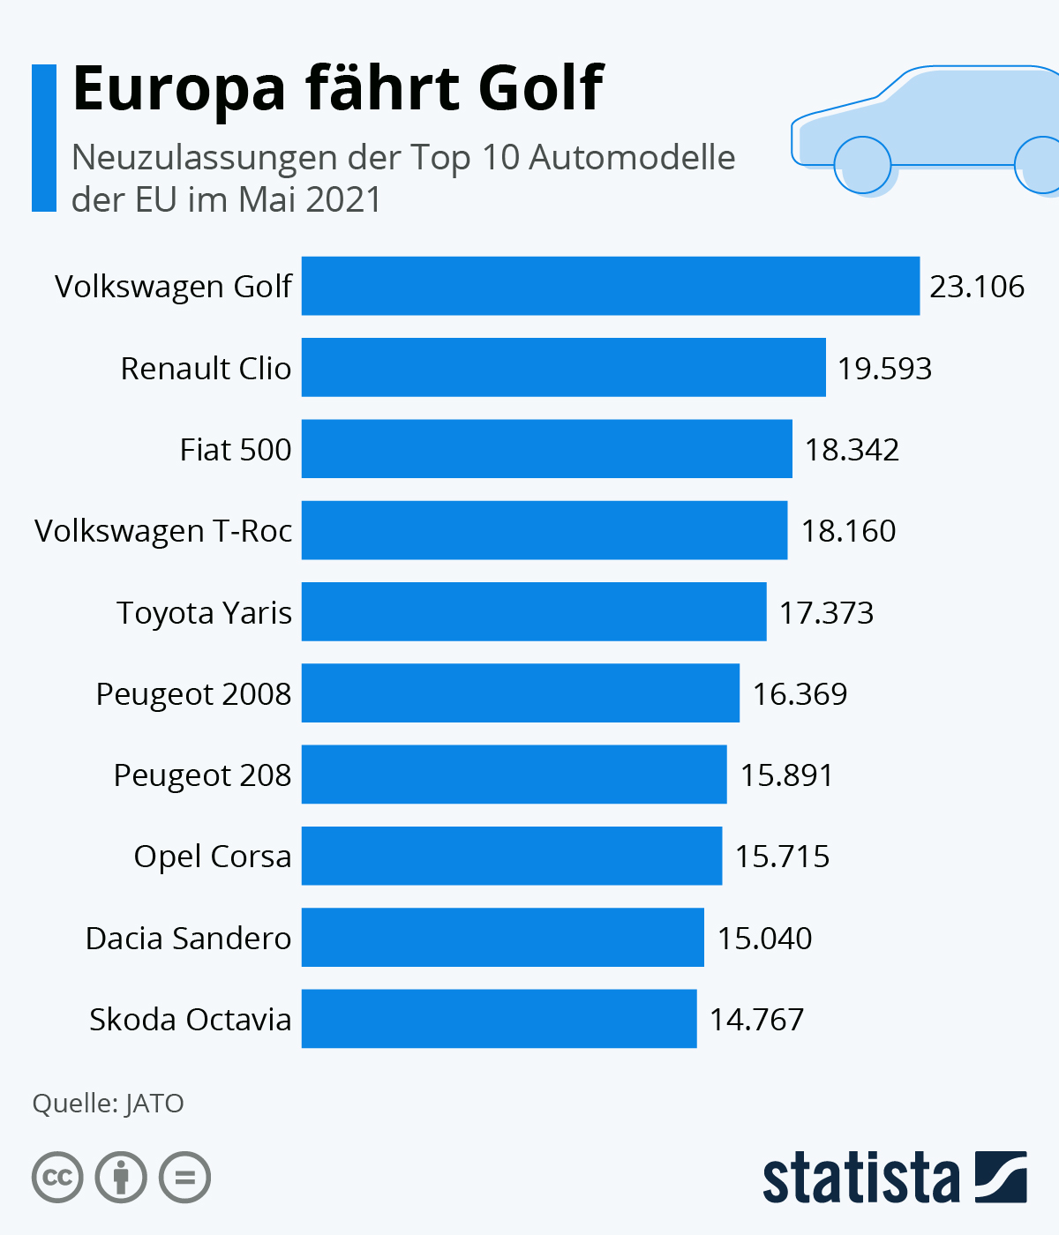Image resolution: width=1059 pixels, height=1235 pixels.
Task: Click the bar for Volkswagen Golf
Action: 610,286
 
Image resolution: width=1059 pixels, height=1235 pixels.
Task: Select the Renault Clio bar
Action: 563,367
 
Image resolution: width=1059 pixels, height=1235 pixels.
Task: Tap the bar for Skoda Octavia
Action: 499,1019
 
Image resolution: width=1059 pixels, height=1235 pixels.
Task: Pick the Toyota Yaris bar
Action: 534,611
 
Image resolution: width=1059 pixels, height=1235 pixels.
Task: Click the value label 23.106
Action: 977,287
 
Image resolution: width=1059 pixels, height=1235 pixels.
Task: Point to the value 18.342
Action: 852,450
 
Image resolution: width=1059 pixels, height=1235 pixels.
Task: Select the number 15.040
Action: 764,938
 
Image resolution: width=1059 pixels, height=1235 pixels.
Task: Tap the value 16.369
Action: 800,694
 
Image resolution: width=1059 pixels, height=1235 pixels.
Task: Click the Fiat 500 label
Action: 236,450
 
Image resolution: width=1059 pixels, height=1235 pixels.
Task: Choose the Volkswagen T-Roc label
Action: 163,531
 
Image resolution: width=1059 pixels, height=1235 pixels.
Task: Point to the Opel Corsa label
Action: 212,857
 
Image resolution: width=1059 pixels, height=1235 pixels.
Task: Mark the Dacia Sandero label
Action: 188,938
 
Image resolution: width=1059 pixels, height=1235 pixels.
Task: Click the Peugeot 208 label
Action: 202,775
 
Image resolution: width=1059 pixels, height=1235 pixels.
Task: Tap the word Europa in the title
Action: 179,90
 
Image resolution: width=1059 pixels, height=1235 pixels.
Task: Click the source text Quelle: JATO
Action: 108,1104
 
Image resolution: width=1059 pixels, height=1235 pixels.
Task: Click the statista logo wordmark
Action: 860,1179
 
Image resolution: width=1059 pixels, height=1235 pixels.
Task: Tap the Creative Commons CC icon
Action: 58,1178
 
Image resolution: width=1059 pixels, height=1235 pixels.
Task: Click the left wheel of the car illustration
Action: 862,165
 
